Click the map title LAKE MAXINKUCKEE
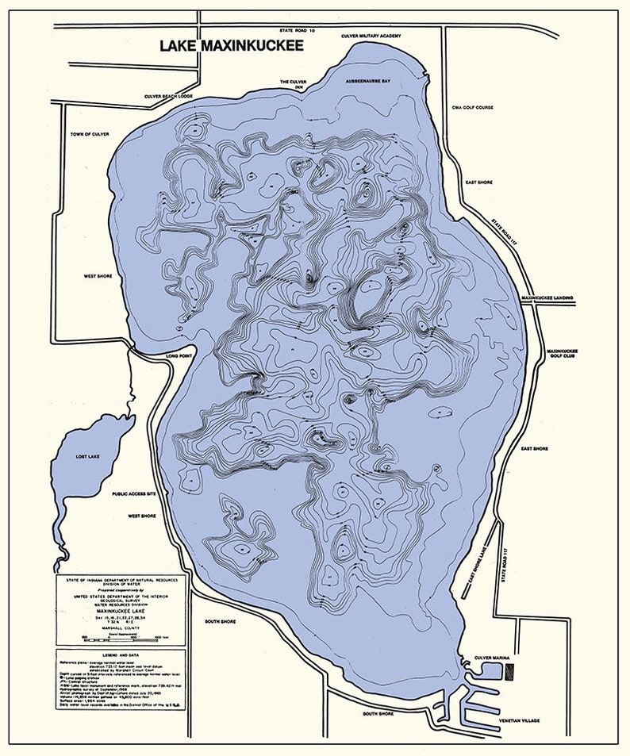pyautogui.click(x=232, y=46)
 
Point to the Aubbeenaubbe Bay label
pyautogui.click(x=368, y=81)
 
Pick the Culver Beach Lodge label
pyautogui.click(x=168, y=96)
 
